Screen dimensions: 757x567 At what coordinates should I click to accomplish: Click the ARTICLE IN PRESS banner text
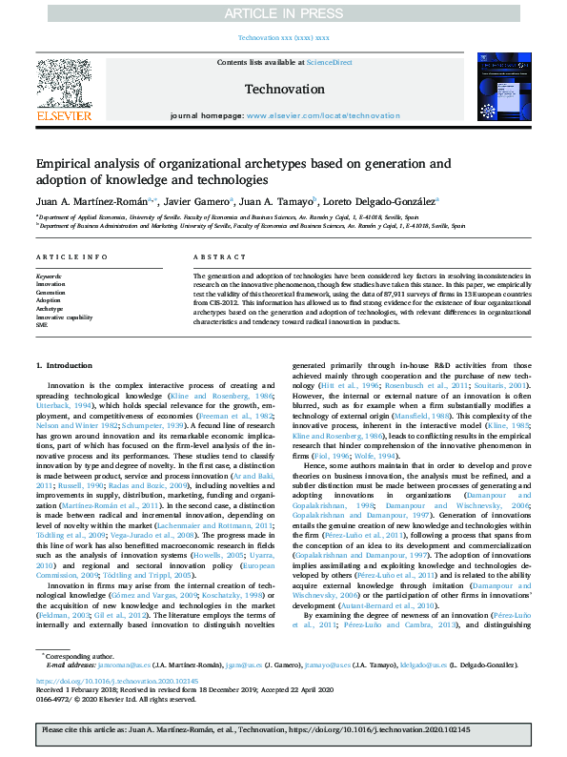click(x=283, y=13)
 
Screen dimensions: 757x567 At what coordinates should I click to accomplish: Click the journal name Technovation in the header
click(x=283, y=89)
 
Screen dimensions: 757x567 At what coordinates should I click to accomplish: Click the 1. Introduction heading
click(x=65, y=366)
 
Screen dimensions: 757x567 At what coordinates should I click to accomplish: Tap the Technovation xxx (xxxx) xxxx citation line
click(x=283, y=38)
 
